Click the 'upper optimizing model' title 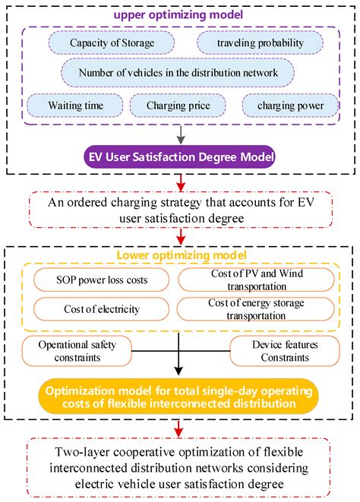pos(179,14)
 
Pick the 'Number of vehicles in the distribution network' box pos(180,73)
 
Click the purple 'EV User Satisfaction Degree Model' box pos(180,158)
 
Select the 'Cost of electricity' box pos(103,309)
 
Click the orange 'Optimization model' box pos(180,394)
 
